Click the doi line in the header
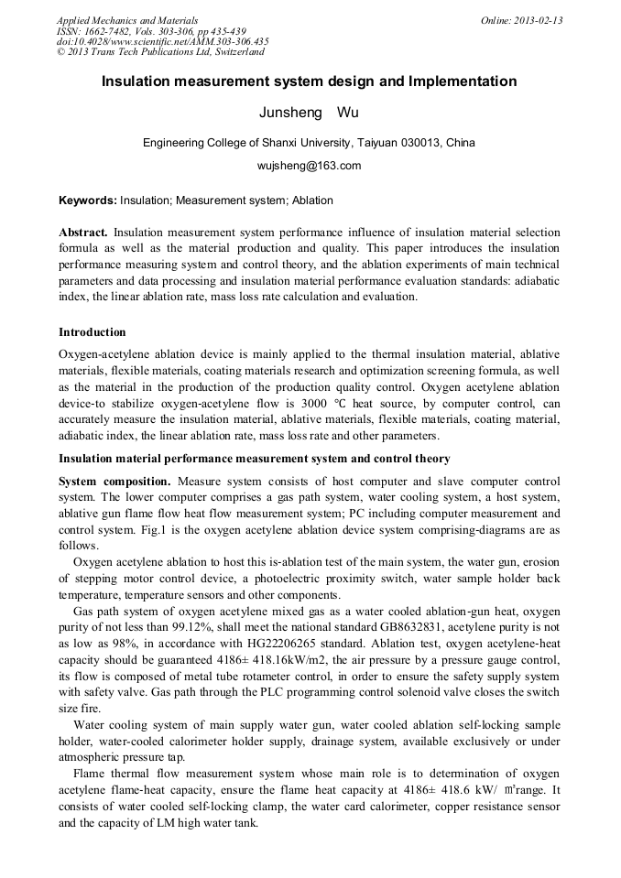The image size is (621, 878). point(162,41)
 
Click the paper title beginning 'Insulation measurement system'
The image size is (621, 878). point(310,81)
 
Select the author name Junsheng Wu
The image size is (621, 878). point(310,114)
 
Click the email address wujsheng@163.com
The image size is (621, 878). point(310,166)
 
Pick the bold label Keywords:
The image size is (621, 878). point(88,201)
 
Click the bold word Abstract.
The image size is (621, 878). point(83,233)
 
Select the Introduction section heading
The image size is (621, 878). point(93,331)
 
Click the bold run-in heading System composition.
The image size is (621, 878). point(114,481)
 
